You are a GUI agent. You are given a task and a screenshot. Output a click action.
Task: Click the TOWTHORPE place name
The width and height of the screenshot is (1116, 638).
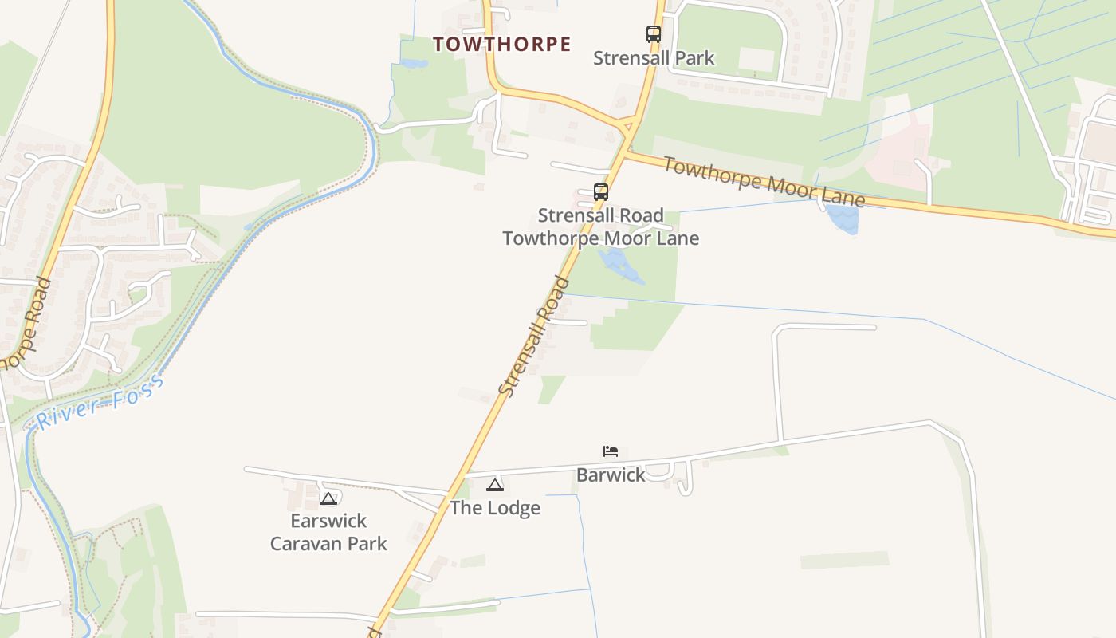[x=502, y=45]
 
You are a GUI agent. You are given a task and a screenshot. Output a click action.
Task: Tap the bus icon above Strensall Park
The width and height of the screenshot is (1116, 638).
[x=654, y=34]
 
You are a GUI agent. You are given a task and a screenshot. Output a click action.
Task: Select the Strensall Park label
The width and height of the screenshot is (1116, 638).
[x=654, y=58]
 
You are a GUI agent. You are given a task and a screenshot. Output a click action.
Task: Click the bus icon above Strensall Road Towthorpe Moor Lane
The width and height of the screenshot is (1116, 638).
[x=601, y=192]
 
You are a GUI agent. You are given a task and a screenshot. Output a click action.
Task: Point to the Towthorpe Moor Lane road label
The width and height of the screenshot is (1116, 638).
[x=764, y=183]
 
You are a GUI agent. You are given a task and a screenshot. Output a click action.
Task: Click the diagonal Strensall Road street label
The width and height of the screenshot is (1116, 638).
[x=534, y=336]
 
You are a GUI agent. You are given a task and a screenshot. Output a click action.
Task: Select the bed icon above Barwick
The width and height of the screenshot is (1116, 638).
[x=611, y=451]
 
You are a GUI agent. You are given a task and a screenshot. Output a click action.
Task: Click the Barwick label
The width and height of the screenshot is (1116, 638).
[x=611, y=475]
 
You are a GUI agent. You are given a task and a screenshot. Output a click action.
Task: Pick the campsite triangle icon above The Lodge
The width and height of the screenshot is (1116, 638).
[x=495, y=485]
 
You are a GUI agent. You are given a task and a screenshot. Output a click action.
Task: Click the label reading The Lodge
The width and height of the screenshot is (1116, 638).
[x=495, y=508]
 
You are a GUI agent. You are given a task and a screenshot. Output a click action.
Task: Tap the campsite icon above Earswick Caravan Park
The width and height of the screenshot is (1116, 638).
[x=328, y=498]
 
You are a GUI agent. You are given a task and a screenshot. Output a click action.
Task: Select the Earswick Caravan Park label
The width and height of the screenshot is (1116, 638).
[x=328, y=532]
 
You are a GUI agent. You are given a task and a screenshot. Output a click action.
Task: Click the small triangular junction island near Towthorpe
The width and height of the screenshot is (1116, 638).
[x=627, y=126]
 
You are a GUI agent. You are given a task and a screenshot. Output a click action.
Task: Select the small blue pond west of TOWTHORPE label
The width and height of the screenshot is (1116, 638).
[x=414, y=64]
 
